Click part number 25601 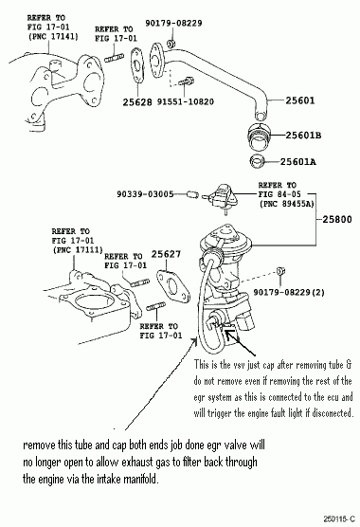pos(300,100)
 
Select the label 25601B pos(303,136)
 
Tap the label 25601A pos(297,162)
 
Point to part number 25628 pos(137,102)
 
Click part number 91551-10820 pos(186,101)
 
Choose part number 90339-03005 pos(145,194)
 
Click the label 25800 pos(337,220)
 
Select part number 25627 pos(166,254)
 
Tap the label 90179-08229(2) pos(289,292)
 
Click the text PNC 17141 pos(53,36)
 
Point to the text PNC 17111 pos(78,249)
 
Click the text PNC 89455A pos(287,204)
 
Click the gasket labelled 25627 pos(173,286)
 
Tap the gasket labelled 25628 pos(137,65)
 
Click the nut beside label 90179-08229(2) pos(280,271)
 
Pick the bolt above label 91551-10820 pos(186,82)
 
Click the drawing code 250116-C pos(339,518)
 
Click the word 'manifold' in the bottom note pos(141,479)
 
